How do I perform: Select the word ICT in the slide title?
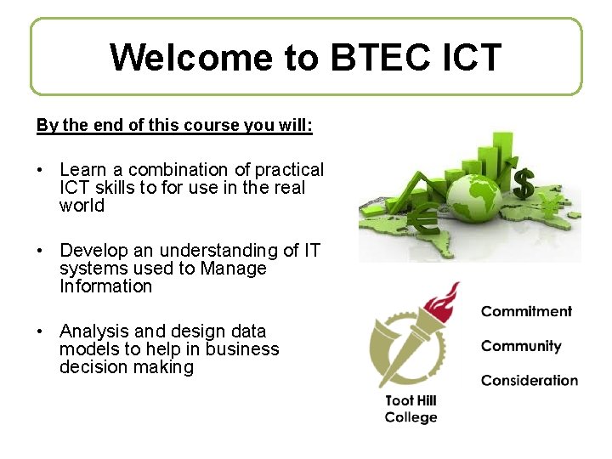coord(473,58)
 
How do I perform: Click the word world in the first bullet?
coord(82,206)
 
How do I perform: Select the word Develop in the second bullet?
coord(93,251)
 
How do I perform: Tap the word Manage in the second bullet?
coord(234,269)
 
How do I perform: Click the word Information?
coord(105,286)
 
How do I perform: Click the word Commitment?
coord(526,311)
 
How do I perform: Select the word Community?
coord(521,346)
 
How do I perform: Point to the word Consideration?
coord(529,381)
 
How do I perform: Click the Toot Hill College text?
coord(411,409)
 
